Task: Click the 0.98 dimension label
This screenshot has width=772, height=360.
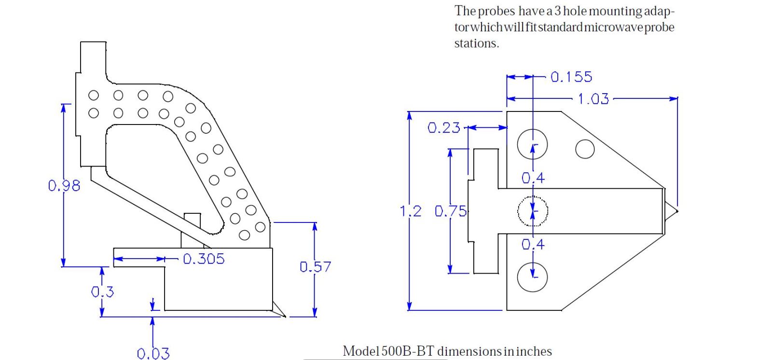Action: click(64, 186)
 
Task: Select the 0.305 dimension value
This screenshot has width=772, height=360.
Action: click(204, 259)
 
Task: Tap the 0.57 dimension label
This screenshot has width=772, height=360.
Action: click(315, 267)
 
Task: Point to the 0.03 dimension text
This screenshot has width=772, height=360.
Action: click(153, 354)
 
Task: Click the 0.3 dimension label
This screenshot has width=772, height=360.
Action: click(102, 292)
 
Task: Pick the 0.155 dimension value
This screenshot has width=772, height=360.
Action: click(571, 77)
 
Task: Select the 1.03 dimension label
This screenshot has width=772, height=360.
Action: click(593, 99)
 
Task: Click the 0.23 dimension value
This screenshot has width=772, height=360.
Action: click(444, 128)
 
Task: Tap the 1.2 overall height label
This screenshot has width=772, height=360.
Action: click(411, 211)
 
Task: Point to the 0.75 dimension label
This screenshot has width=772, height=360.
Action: click(451, 211)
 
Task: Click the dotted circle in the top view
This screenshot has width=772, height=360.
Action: click(533, 211)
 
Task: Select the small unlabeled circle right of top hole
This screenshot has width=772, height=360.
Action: click(585, 149)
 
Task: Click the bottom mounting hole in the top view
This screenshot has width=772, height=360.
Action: click(532, 277)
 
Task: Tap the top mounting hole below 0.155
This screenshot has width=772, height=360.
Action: click(532, 144)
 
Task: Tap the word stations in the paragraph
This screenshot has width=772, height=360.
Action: click(476, 43)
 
